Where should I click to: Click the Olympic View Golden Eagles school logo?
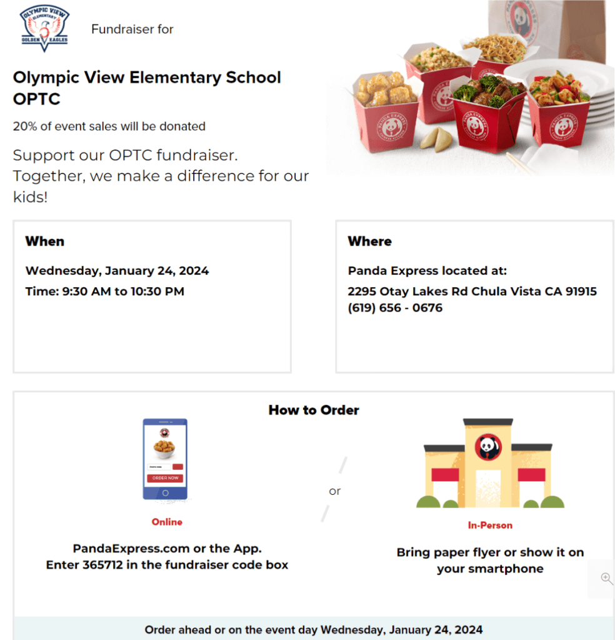[x=44, y=28]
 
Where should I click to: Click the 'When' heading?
[x=44, y=241]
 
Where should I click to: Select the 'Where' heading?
[x=369, y=241]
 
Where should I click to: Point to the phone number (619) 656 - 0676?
[x=395, y=308]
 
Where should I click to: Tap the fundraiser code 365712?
[x=103, y=565]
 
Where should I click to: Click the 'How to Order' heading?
[x=314, y=410]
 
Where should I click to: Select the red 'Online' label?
[x=167, y=522]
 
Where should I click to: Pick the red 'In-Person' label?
[x=490, y=526]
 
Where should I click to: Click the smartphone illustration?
[x=165, y=459]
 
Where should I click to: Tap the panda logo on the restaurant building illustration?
[x=487, y=447]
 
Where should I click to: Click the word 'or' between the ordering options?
[x=335, y=491]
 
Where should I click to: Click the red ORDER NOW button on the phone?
[x=165, y=478]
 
